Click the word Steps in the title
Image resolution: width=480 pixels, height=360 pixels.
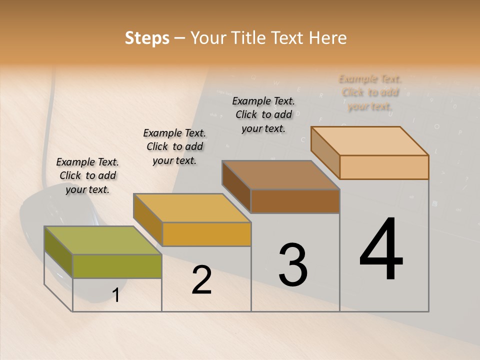pyautogui.click(x=147, y=38)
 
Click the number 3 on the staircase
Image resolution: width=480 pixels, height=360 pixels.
pyautogui.click(x=292, y=265)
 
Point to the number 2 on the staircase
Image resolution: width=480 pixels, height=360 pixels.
pyautogui.click(x=201, y=280)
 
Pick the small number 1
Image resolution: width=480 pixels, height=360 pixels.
pyautogui.click(x=116, y=295)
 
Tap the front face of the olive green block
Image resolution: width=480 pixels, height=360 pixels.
pyautogui.click(x=117, y=266)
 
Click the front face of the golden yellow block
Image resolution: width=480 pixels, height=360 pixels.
pyautogui.click(x=206, y=234)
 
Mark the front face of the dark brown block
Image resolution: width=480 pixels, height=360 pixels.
pyautogui.click(x=295, y=201)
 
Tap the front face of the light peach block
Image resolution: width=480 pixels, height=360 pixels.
pyautogui.click(x=384, y=167)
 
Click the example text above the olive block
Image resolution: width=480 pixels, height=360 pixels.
pyautogui.click(x=87, y=175)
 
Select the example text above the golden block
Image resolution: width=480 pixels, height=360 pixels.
pyautogui.click(x=174, y=146)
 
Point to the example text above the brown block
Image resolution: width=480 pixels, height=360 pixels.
pyautogui.click(x=263, y=114)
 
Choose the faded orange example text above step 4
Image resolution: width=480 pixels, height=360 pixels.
pyautogui.click(x=370, y=92)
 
